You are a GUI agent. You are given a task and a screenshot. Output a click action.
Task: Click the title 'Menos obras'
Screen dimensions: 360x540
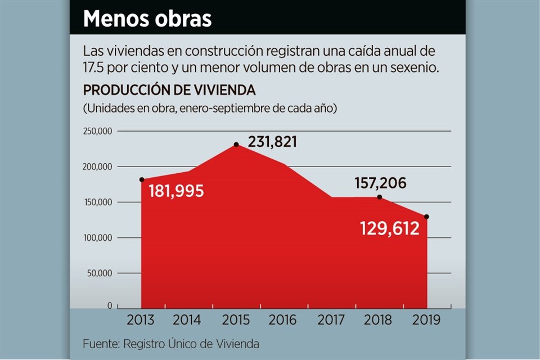(147, 19)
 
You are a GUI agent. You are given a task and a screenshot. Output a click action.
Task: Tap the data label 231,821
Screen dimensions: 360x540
(272, 142)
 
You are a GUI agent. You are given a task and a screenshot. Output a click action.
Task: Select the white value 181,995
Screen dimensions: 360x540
(176, 191)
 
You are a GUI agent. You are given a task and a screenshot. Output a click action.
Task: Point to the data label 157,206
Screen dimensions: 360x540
(380, 183)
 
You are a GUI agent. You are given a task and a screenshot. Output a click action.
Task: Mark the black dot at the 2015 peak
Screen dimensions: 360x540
(236, 145)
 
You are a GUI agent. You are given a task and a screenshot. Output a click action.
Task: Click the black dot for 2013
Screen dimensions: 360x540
(141, 180)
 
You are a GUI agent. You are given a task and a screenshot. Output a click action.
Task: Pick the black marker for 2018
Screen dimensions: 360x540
(379, 197)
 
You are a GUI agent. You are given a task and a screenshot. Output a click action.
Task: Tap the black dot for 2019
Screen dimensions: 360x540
(426, 217)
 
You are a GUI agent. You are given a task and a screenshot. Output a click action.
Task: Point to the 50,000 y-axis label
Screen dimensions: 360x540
(101, 273)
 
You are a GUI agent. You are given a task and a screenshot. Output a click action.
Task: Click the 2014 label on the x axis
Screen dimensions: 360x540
(187, 320)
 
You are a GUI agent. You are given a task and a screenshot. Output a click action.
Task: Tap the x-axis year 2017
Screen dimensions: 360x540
(331, 320)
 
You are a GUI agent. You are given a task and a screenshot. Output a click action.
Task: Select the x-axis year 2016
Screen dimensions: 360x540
(283, 320)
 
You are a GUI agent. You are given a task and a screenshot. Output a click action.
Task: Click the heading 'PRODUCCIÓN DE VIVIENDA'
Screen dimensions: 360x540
(169, 90)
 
